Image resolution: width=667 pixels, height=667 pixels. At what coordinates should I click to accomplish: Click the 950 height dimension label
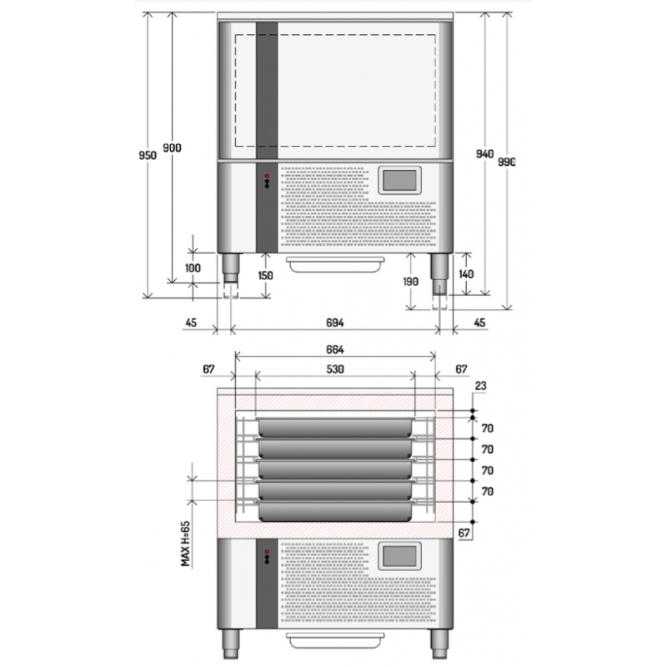point(148,155)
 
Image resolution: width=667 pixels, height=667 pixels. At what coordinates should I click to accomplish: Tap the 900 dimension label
point(172,148)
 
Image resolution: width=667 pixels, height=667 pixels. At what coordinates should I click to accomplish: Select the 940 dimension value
point(485,153)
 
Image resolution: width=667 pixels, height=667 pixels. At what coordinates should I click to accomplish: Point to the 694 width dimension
point(335,323)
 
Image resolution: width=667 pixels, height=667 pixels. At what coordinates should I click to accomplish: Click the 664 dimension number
point(335,349)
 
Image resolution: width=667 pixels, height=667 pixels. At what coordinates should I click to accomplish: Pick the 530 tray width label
point(335,369)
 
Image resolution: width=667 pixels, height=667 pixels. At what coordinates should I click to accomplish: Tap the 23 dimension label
point(480,386)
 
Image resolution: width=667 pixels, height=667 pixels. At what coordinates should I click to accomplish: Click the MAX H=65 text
point(185,544)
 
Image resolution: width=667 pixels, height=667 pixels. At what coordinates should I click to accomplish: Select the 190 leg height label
point(410,281)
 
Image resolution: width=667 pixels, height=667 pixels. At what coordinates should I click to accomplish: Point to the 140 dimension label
point(466,274)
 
